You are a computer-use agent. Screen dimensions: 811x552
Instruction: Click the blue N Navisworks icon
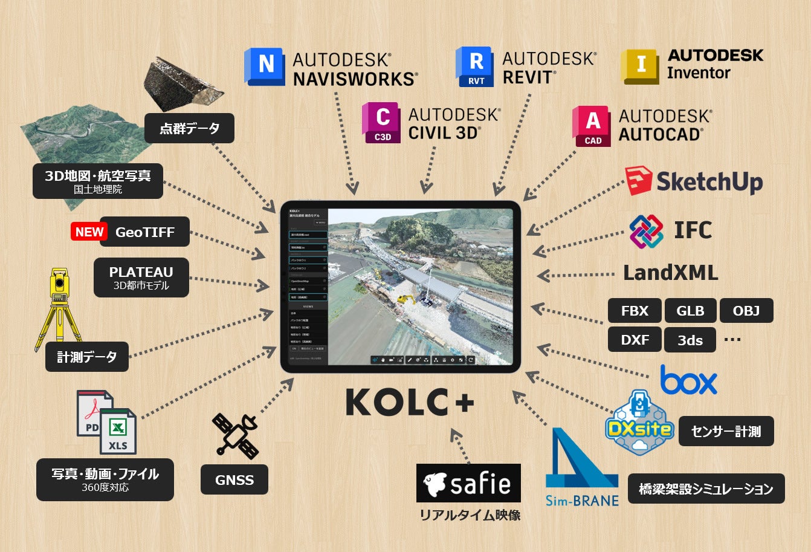point(265,66)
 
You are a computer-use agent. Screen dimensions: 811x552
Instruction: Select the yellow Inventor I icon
point(640,67)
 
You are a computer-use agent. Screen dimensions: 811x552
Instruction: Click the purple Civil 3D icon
point(381,123)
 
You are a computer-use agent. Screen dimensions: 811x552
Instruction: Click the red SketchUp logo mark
point(638,181)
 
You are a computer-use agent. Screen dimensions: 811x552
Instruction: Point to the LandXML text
point(670,273)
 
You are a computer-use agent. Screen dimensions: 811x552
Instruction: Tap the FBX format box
point(635,311)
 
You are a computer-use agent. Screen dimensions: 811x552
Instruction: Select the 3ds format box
point(690,340)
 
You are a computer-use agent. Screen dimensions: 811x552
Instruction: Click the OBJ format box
point(746,311)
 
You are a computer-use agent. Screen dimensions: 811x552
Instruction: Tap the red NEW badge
point(89,232)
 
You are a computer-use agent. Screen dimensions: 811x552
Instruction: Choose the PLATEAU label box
point(141,278)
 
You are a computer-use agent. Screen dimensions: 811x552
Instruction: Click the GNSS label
point(234,480)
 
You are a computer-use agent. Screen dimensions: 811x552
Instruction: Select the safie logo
point(468,483)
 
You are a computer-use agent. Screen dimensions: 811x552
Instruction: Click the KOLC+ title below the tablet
point(410,402)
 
